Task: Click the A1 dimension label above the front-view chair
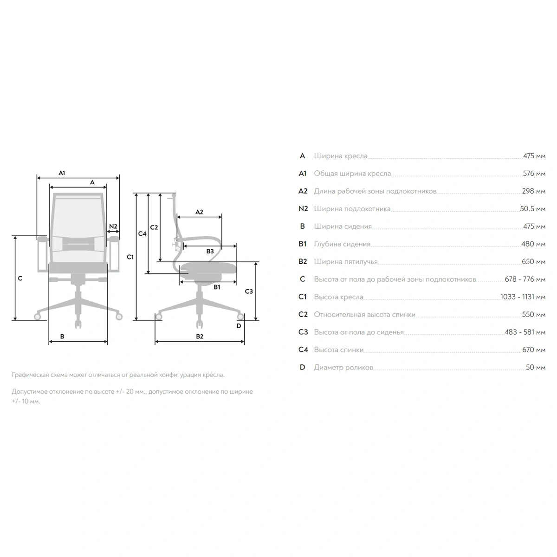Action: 62,173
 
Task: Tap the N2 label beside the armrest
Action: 113,227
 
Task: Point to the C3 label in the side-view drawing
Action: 249,291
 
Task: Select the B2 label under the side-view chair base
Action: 200,336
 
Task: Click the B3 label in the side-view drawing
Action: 210,251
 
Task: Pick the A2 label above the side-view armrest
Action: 199,212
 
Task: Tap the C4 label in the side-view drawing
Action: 142,233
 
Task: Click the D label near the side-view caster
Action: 239,326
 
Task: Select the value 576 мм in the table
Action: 534,174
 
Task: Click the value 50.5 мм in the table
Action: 532,209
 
